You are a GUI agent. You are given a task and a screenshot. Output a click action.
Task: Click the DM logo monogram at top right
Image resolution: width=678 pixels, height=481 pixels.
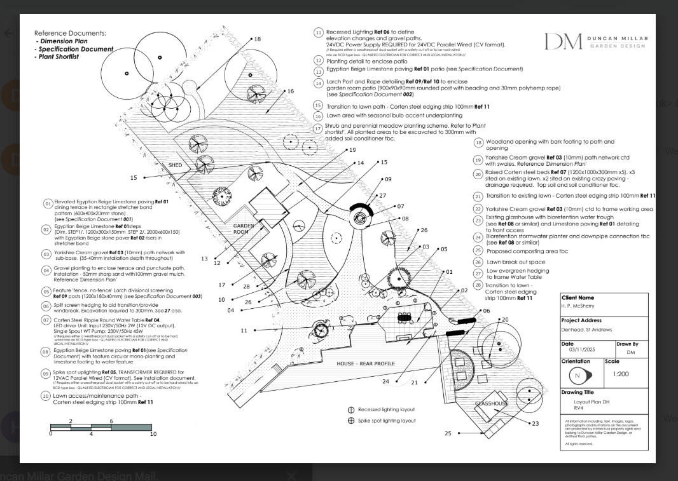563,41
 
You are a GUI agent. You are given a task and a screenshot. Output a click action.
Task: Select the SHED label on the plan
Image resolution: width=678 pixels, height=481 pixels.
175,165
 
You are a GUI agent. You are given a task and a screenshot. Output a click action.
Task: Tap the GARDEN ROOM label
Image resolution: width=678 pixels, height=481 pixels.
244,229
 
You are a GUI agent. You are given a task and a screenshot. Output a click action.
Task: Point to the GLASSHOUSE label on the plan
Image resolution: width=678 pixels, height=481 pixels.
492,403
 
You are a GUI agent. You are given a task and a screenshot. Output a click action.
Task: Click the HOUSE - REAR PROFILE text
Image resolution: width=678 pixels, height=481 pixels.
366,363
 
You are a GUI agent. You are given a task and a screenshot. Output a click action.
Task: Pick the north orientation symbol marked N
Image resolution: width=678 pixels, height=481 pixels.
578,375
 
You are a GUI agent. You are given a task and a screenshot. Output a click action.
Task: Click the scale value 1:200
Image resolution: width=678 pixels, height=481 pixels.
621,374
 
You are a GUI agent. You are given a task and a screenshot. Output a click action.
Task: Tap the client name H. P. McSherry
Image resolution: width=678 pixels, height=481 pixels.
576,306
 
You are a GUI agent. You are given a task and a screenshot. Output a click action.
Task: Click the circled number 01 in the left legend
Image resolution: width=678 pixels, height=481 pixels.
47,203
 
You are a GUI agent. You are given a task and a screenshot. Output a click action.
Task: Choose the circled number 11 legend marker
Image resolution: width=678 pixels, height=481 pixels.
319,32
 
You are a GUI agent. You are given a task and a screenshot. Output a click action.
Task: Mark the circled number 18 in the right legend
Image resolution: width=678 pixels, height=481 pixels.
478,143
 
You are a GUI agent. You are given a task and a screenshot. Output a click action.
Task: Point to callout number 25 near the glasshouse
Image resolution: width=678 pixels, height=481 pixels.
448,433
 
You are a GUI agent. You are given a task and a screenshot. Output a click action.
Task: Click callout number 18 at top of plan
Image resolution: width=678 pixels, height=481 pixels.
257,39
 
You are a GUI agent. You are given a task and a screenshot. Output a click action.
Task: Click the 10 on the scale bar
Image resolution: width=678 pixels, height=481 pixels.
153,434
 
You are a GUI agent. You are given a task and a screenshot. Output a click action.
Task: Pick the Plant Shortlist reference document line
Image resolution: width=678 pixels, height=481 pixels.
57,57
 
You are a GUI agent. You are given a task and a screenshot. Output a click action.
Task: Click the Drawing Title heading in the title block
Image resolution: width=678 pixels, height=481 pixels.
578,393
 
